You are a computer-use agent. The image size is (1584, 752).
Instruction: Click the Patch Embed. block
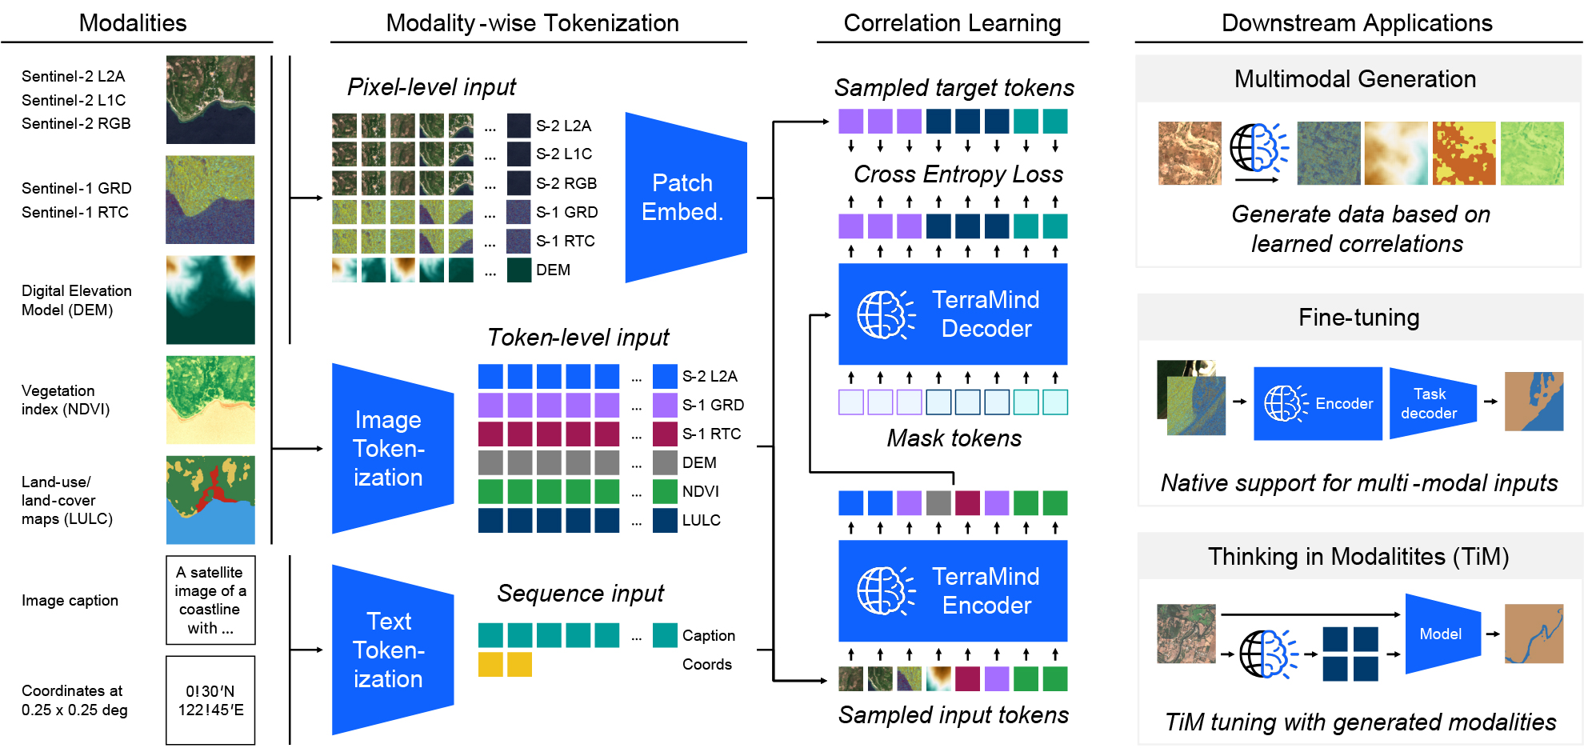point(686,198)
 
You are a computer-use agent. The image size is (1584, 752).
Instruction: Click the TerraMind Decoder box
point(953,314)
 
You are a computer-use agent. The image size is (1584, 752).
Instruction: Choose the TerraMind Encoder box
point(953,591)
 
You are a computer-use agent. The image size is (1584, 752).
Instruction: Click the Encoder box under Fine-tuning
point(1318,403)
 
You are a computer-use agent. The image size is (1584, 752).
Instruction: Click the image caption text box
point(210,600)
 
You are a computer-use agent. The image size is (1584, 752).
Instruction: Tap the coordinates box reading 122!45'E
point(210,700)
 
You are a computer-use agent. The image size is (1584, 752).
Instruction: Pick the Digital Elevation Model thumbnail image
point(210,300)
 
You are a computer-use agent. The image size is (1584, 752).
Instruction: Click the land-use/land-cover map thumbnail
point(210,500)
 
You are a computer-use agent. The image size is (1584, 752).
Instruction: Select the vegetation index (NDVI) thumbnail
point(210,400)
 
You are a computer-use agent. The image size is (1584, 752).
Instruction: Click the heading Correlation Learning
point(952,23)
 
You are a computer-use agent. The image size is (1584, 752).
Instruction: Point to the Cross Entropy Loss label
point(958,174)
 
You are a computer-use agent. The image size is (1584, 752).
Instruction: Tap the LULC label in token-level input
point(702,520)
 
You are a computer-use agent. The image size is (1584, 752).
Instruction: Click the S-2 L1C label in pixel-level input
point(564,154)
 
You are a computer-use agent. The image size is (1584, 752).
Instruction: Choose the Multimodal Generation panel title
point(1355,78)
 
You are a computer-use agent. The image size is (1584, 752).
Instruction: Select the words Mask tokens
point(954,438)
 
